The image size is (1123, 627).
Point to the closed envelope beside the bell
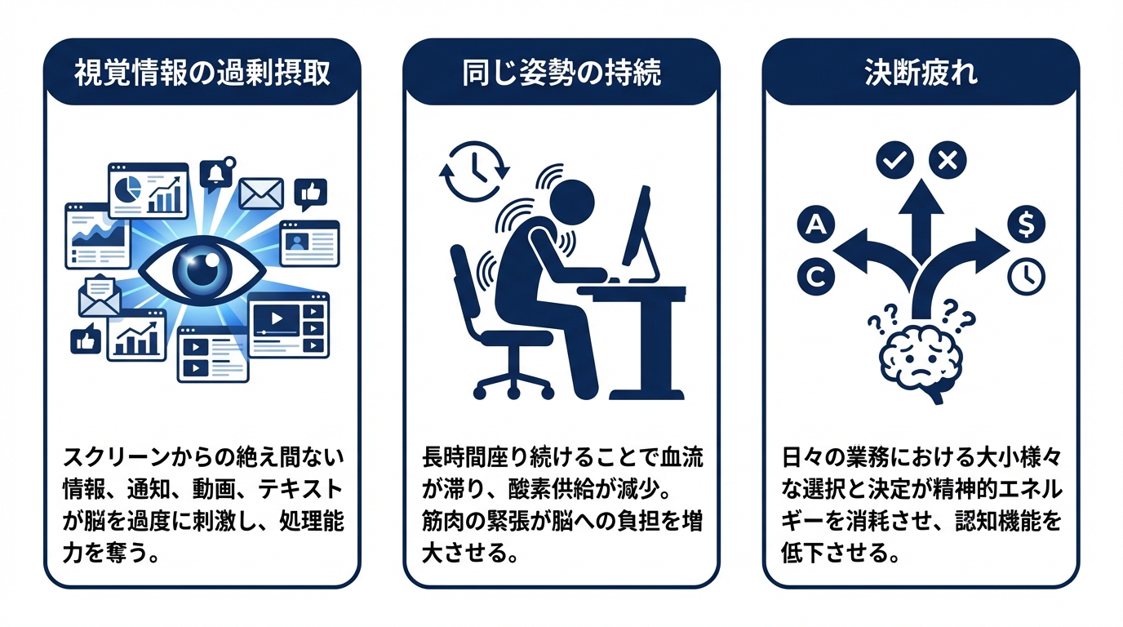point(261,194)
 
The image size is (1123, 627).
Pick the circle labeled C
point(815,277)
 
